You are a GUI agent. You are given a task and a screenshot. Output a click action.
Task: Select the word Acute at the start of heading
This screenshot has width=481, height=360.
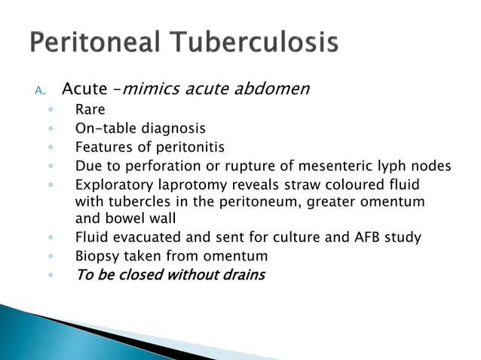pos(84,90)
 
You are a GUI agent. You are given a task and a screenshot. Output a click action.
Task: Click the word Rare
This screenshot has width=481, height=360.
pos(90,111)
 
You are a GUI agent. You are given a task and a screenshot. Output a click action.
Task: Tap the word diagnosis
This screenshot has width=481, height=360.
pos(172,129)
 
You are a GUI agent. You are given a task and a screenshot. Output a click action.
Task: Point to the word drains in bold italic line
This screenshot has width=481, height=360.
pos(244,274)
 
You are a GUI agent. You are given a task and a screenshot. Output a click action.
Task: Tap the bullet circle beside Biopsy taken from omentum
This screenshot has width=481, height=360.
pos(50,257)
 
